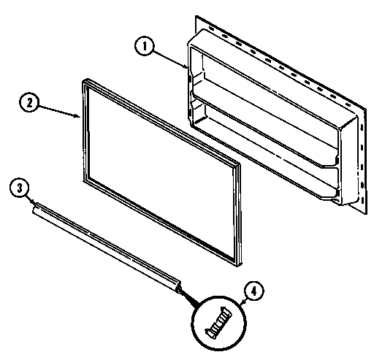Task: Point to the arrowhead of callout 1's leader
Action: tap(188, 68)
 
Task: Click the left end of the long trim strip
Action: tap(34, 209)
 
